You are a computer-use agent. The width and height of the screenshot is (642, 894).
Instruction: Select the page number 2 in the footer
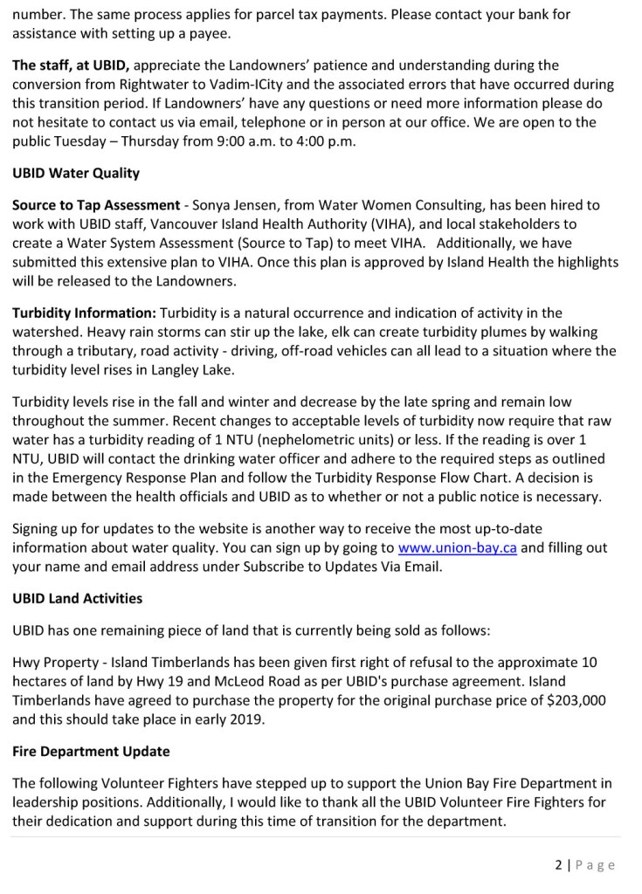[557, 865]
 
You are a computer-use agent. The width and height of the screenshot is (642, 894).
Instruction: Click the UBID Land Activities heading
[78, 599]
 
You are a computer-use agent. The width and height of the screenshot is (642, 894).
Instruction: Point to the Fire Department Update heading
[91, 751]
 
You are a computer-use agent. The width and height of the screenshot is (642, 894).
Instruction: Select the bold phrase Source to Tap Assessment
[96, 205]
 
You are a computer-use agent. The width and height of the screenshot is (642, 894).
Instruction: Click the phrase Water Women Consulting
[418, 205]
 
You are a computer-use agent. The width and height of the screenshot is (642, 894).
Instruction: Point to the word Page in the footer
[595, 865]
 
